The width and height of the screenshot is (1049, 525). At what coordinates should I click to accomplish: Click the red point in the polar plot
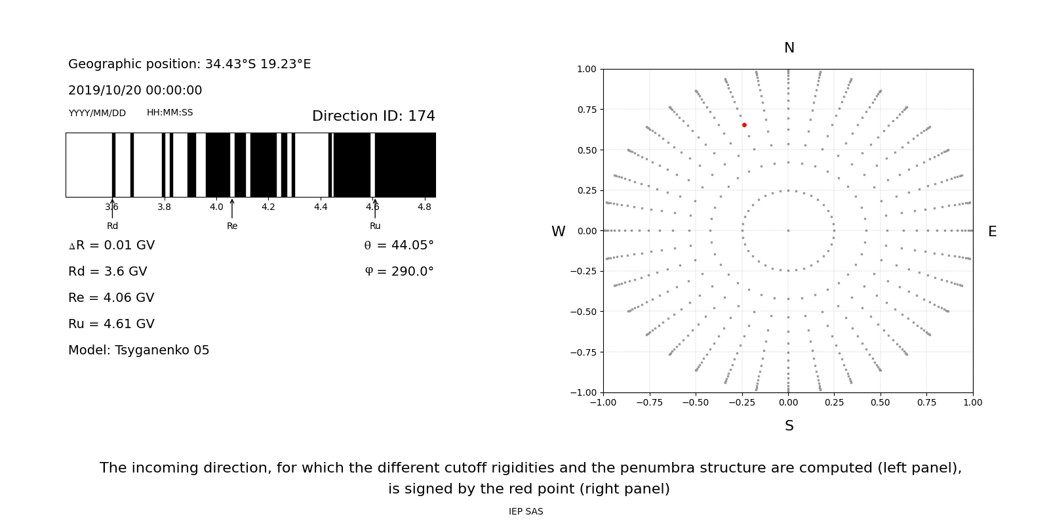coord(744,125)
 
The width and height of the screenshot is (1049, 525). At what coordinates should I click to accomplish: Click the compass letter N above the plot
coord(789,48)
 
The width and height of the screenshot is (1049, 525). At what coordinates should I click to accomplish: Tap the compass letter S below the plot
coord(789,426)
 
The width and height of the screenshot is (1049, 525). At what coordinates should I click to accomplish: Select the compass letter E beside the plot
coord(992,232)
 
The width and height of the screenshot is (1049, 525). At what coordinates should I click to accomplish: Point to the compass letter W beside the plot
coord(558,232)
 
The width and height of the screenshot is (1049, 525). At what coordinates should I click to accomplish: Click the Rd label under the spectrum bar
coord(113,226)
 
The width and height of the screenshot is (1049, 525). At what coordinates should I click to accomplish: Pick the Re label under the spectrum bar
coord(232,226)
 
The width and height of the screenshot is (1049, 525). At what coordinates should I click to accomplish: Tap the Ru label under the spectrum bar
coord(375,226)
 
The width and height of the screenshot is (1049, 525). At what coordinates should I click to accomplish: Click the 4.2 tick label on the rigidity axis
coord(268,207)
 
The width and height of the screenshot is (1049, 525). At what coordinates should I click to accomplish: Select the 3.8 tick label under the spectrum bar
coord(164,207)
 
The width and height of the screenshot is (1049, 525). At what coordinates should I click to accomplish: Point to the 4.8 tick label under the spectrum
coord(424,207)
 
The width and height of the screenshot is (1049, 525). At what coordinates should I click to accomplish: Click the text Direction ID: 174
coord(373,116)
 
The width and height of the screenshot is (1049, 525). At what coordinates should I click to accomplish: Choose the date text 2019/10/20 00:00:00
coord(135,91)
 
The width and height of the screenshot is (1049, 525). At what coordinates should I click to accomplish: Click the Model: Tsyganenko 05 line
coord(139,350)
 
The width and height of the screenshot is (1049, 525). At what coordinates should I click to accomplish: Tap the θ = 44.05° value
coord(399,245)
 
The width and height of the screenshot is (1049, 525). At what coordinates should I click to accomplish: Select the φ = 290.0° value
coord(399,272)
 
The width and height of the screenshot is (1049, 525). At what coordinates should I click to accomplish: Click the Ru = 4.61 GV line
coord(111,324)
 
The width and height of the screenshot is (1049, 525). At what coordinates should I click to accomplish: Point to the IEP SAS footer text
coord(526,512)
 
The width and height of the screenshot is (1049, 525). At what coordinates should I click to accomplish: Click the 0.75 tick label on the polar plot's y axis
coord(586,110)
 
